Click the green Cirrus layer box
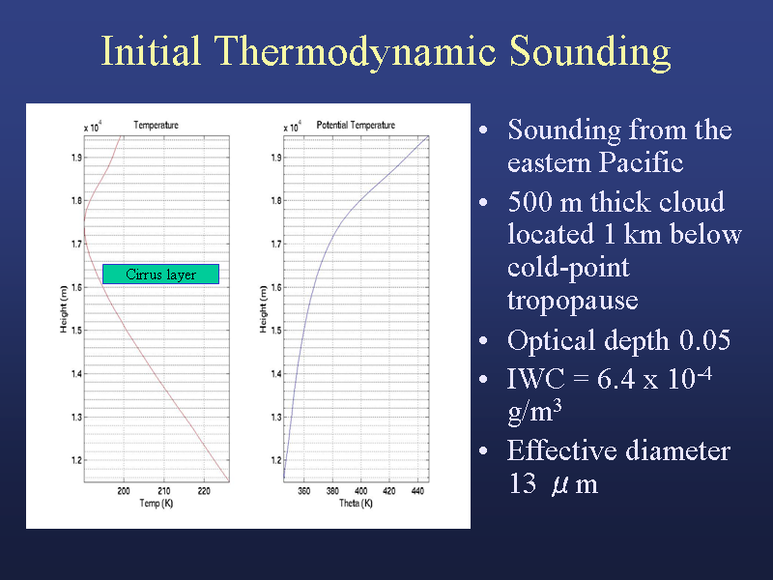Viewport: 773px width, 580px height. pos(160,275)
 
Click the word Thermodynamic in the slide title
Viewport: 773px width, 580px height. pos(355,51)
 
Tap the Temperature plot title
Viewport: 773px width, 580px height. pos(156,126)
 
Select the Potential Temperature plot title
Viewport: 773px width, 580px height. pos(356,126)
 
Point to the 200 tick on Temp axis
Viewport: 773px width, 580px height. pos(124,491)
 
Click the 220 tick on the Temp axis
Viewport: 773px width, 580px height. pos(204,491)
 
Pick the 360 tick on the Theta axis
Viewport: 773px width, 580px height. pos(304,491)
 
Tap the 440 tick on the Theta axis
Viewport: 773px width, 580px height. pos(417,491)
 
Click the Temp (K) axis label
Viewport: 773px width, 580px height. pos(157,504)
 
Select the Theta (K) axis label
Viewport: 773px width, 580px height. pos(356,504)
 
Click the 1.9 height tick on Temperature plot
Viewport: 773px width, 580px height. pos(76,158)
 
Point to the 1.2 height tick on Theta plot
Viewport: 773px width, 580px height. pos(276,461)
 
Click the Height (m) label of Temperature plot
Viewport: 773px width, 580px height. pos(64,309)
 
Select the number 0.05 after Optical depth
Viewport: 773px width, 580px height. pos(705,340)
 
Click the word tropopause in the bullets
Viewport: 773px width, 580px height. pos(573,301)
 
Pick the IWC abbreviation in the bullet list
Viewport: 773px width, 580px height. pos(536,379)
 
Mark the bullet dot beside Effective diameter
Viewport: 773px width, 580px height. pos(484,450)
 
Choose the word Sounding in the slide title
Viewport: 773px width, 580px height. pos(589,52)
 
